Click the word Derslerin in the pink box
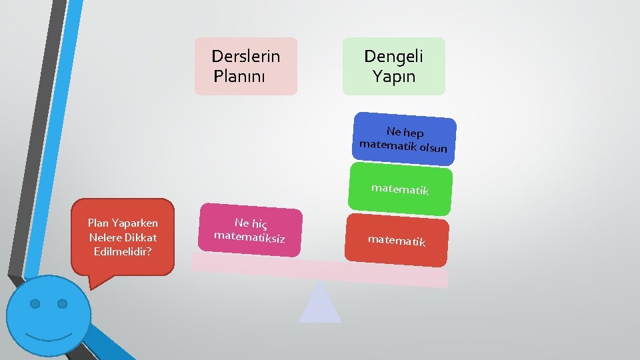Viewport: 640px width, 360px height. (x=245, y=56)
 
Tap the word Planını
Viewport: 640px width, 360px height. (x=239, y=76)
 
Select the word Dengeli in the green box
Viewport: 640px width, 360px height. (x=393, y=56)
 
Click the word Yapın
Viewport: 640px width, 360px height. (x=394, y=76)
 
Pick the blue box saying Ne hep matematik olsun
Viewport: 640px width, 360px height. (x=405, y=139)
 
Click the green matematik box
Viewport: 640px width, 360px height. (x=400, y=190)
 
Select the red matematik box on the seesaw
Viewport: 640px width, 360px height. (x=397, y=240)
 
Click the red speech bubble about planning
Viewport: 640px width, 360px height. (x=123, y=237)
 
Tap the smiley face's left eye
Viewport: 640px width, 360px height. (x=35, y=304)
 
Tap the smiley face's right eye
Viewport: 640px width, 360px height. (x=62, y=304)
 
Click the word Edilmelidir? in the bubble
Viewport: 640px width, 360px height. (x=123, y=251)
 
